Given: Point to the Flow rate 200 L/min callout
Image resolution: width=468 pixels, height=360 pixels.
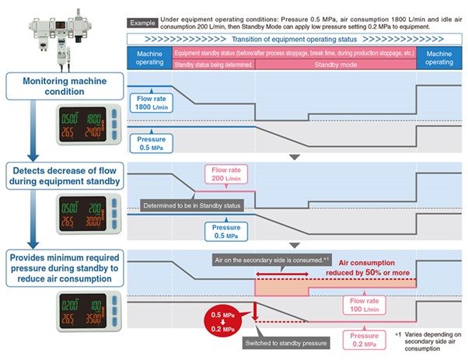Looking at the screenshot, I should click(227, 176).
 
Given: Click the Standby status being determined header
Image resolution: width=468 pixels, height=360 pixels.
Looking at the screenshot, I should click(214, 65).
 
